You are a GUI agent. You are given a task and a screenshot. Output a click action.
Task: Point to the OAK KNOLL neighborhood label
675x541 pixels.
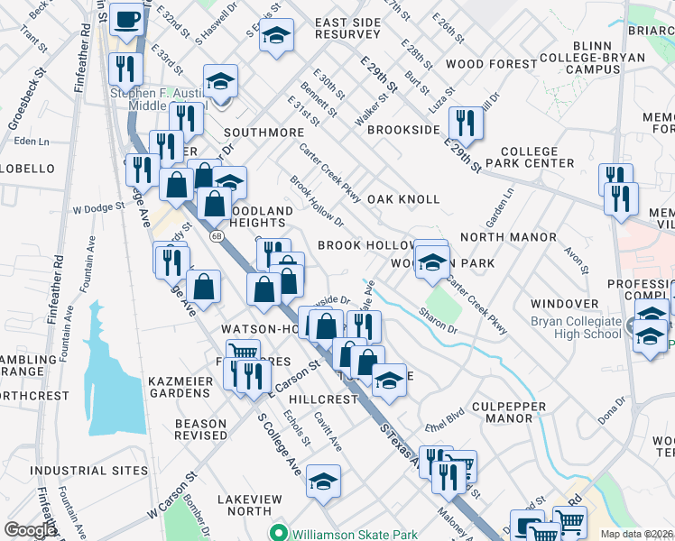(x=403, y=199)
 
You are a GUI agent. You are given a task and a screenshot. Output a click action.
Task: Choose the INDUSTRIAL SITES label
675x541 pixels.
(x=88, y=471)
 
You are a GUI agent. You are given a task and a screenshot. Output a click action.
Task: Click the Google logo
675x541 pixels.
(x=30, y=530)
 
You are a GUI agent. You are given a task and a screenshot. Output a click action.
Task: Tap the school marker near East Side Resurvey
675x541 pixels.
(x=277, y=35)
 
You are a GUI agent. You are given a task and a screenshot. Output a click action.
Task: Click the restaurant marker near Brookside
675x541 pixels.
(x=465, y=120)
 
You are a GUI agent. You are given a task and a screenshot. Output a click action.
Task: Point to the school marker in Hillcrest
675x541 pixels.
(x=389, y=381)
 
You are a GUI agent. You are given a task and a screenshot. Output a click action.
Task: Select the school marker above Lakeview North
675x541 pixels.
(x=322, y=481)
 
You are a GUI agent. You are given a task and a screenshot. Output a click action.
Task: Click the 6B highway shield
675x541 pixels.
(x=217, y=236)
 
